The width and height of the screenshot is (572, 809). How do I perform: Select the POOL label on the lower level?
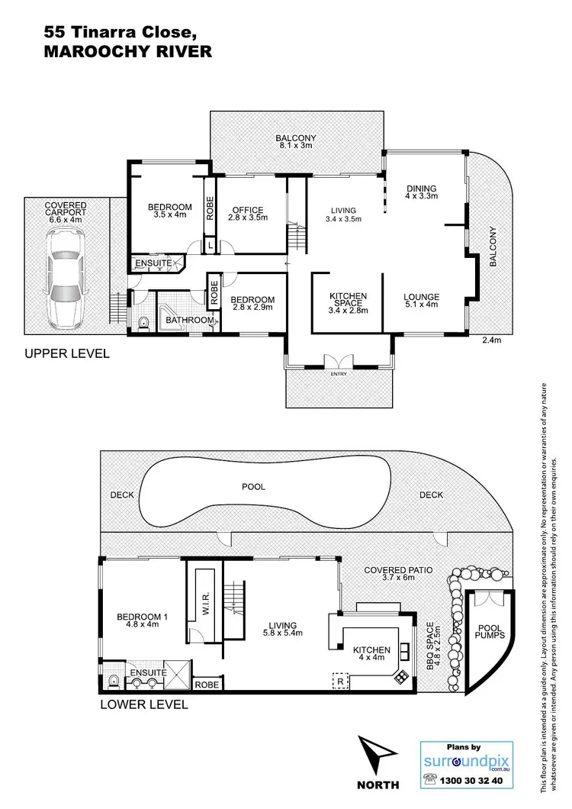tap(254, 486)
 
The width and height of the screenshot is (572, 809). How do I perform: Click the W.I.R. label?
tap(207, 605)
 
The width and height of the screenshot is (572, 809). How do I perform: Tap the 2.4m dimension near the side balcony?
tap(492, 340)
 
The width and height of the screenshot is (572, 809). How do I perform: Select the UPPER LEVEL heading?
tap(66, 353)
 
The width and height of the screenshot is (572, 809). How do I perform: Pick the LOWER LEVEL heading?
tap(144, 704)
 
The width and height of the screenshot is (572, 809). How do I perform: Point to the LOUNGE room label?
tap(421, 297)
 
